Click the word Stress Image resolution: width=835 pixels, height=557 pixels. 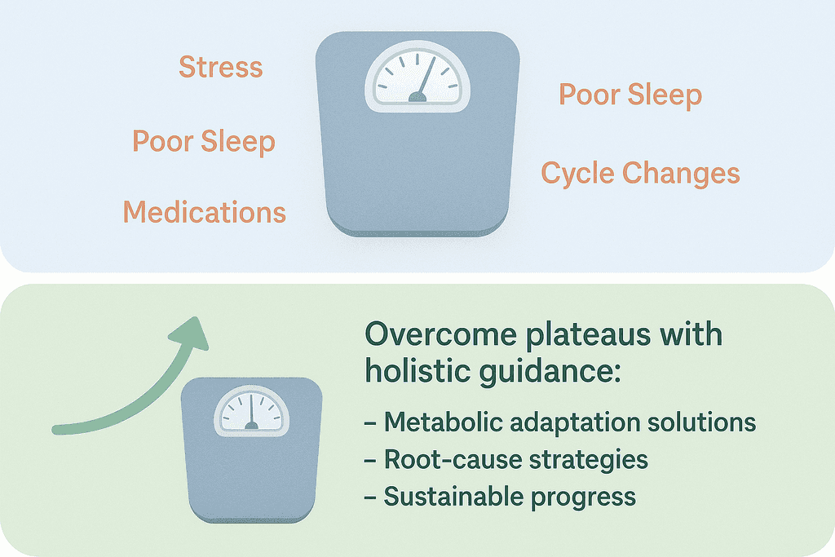pos(221,67)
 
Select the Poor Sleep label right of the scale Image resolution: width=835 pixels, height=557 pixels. pos(630,95)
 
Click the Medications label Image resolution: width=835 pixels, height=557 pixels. pos(205,213)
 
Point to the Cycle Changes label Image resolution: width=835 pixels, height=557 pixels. pos(640,174)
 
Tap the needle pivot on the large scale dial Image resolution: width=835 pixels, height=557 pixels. pos(417,98)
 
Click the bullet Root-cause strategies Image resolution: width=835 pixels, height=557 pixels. pos(505,459)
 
